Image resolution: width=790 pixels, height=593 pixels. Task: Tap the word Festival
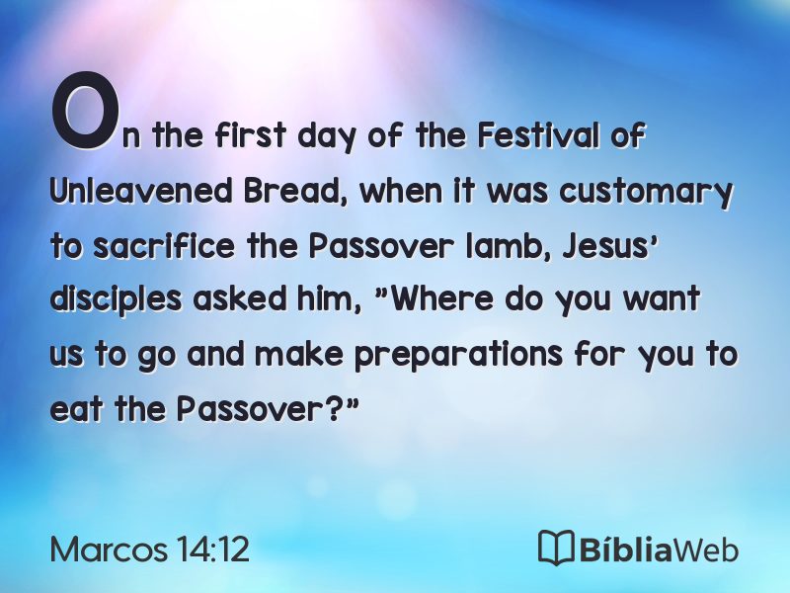pyautogui.click(x=537, y=134)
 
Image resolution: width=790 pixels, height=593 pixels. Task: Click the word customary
pyautogui.click(x=646, y=194)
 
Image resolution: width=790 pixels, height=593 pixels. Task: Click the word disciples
pyautogui.click(x=116, y=300)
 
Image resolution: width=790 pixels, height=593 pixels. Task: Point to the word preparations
pyautogui.click(x=458, y=355)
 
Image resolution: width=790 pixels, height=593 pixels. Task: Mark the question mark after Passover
pyautogui.click(x=332, y=408)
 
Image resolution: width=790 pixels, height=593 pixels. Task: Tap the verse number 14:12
pyautogui.click(x=213, y=549)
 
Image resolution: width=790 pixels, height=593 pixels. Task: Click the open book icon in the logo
pyautogui.click(x=556, y=548)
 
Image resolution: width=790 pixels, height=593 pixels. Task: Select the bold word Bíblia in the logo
pyautogui.click(x=625, y=549)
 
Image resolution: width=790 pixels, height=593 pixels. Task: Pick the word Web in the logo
pyautogui.click(x=705, y=550)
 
